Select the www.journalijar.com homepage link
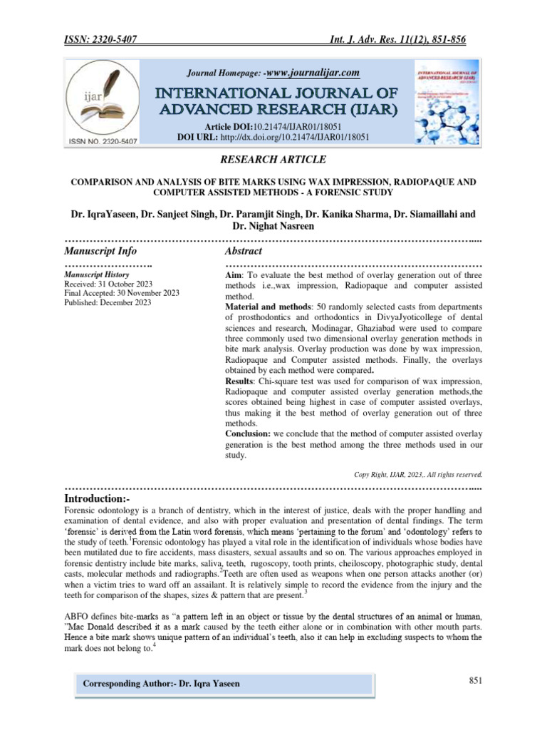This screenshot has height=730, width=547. coord(312,73)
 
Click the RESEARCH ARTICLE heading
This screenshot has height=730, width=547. coord(273,160)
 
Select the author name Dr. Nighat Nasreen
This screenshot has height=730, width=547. coord(273,226)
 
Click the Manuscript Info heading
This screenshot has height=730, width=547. coord(100,251)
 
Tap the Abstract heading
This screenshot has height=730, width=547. coord(243,251)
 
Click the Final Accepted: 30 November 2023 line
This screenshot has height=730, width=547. coord(122,293)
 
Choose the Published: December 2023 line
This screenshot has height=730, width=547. coord(108,302)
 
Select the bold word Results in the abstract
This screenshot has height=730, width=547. coord(241,382)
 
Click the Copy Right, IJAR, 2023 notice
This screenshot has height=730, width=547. coord(418,473)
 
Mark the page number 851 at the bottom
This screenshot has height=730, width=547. coord(476,681)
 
